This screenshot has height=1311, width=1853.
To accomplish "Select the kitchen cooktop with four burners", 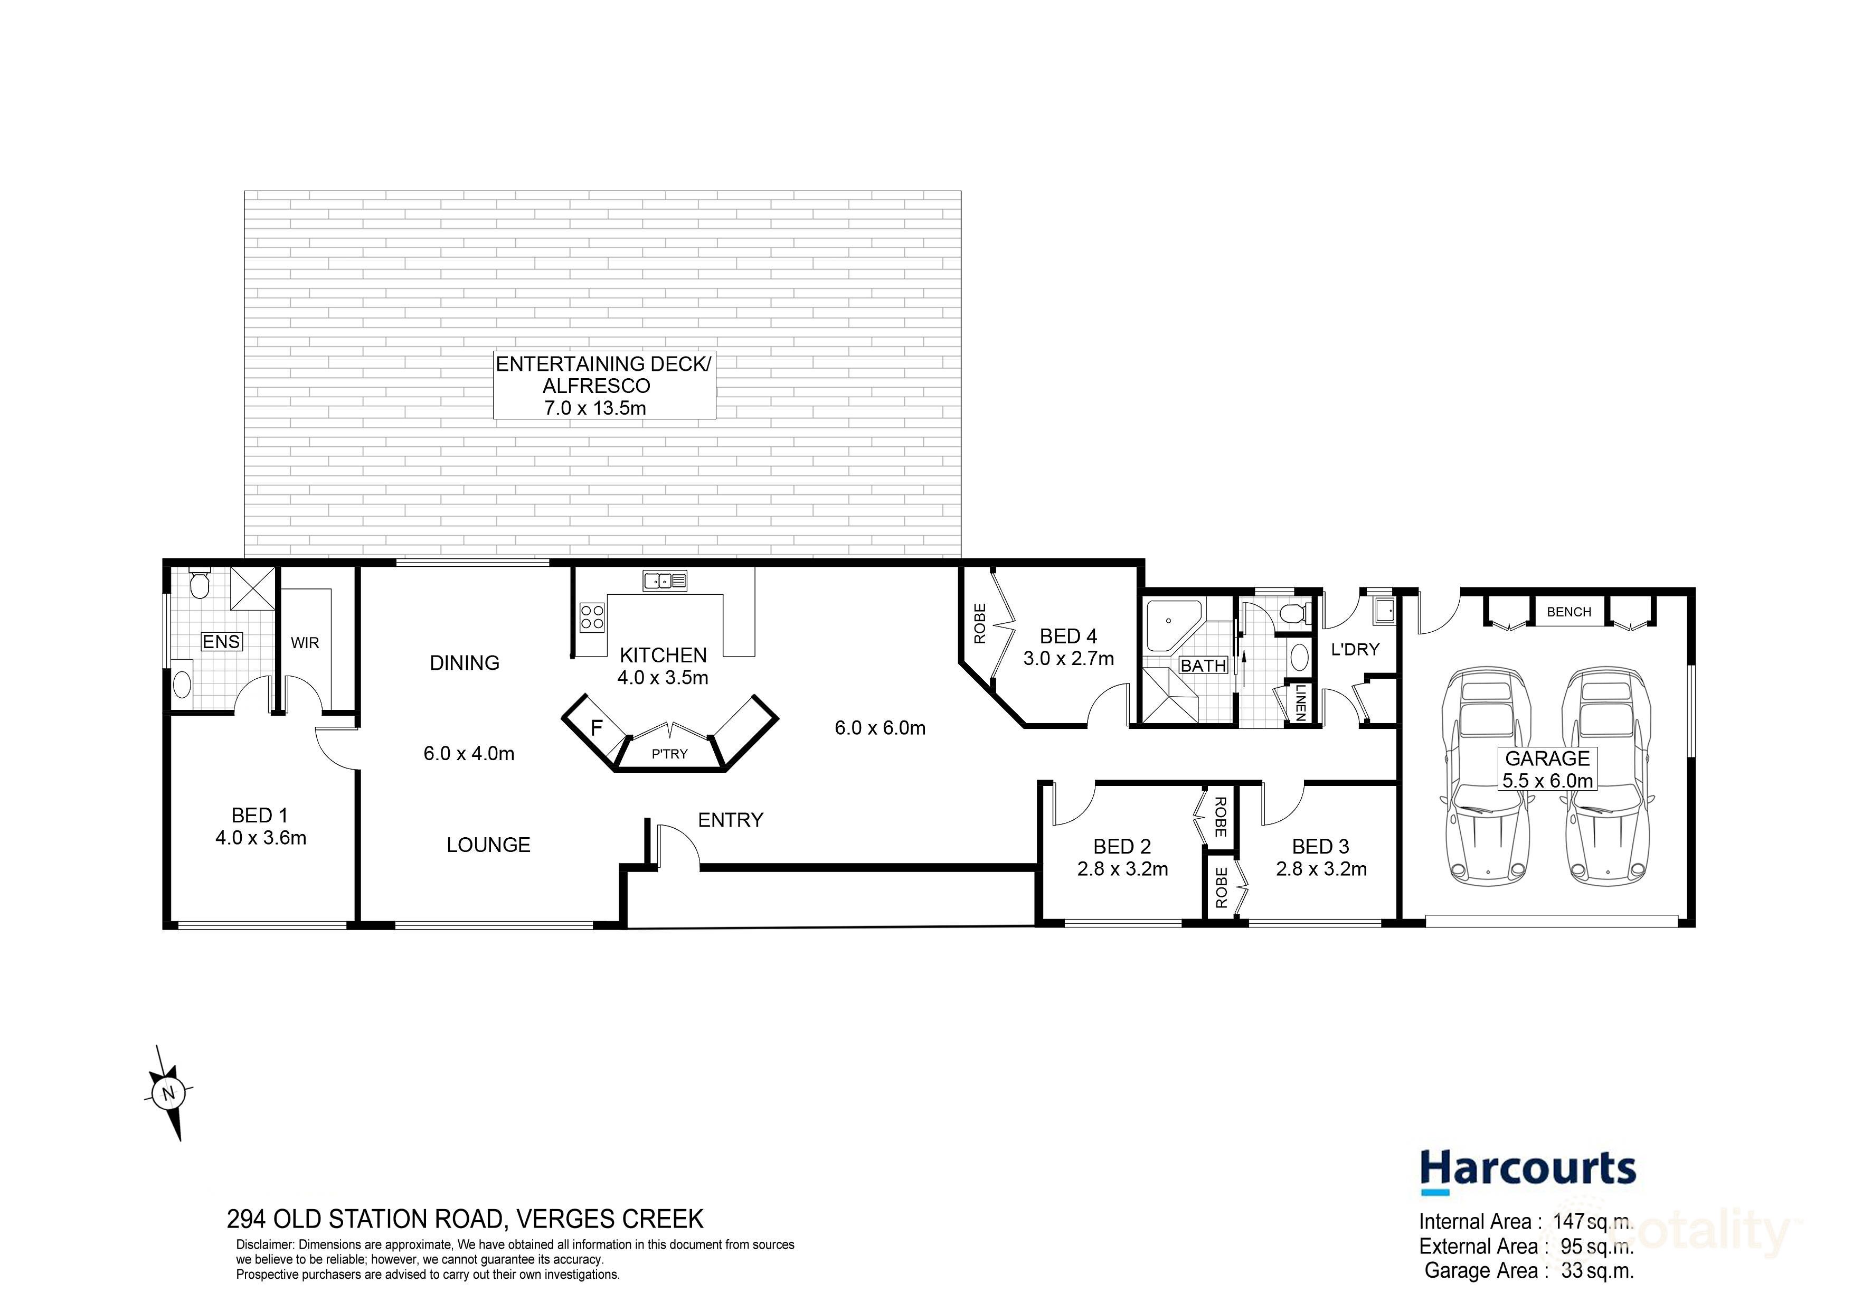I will [592, 617].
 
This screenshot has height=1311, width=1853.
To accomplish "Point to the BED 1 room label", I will [260, 816].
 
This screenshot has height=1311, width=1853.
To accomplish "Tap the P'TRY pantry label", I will [670, 754].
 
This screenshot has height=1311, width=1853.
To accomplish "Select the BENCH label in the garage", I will [1569, 612].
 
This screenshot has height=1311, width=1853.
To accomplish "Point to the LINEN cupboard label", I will [1300, 703].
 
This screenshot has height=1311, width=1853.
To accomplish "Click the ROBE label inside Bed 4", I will [980, 623].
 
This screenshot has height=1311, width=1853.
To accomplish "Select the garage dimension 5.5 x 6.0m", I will [1547, 781].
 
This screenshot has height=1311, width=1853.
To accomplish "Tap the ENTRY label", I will [731, 820].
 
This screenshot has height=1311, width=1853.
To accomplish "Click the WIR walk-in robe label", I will [305, 643].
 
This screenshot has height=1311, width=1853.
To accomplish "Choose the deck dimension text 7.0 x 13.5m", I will [595, 408].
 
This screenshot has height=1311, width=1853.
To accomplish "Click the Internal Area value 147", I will [1568, 1222].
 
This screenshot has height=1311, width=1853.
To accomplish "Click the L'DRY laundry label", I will [1355, 649].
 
